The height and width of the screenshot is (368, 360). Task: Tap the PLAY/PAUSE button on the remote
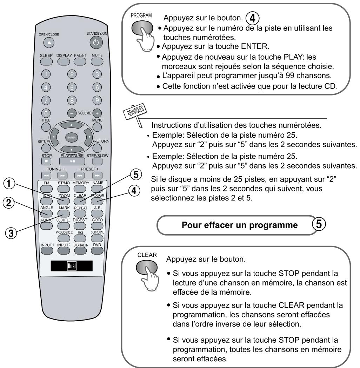tap(72, 161)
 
